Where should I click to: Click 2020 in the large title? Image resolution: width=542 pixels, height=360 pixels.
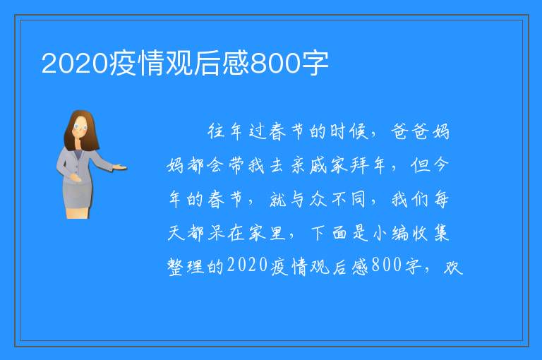point(75,64)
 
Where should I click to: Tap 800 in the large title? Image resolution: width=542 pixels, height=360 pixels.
point(275,64)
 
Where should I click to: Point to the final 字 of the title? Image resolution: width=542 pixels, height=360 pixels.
point(314,64)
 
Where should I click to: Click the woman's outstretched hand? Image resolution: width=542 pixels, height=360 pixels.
point(120,168)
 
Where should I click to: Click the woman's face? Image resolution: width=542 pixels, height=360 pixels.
point(80,127)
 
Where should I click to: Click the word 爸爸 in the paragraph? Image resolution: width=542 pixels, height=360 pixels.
point(410,131)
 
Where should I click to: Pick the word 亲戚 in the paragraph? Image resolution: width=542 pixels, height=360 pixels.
point(308,165)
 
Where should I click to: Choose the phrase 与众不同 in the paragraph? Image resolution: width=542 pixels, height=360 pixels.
point(318,199)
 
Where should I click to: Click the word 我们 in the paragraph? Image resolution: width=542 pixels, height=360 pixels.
point(409,199)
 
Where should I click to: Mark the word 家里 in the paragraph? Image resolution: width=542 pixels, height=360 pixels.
point(267,233)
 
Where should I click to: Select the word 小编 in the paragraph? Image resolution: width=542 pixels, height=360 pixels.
point(390,233)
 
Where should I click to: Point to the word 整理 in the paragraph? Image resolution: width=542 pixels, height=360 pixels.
point(186,267)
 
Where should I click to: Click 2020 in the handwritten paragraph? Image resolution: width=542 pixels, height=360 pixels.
point(248,265)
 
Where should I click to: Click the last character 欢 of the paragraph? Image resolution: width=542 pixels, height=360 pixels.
point(453,267)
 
